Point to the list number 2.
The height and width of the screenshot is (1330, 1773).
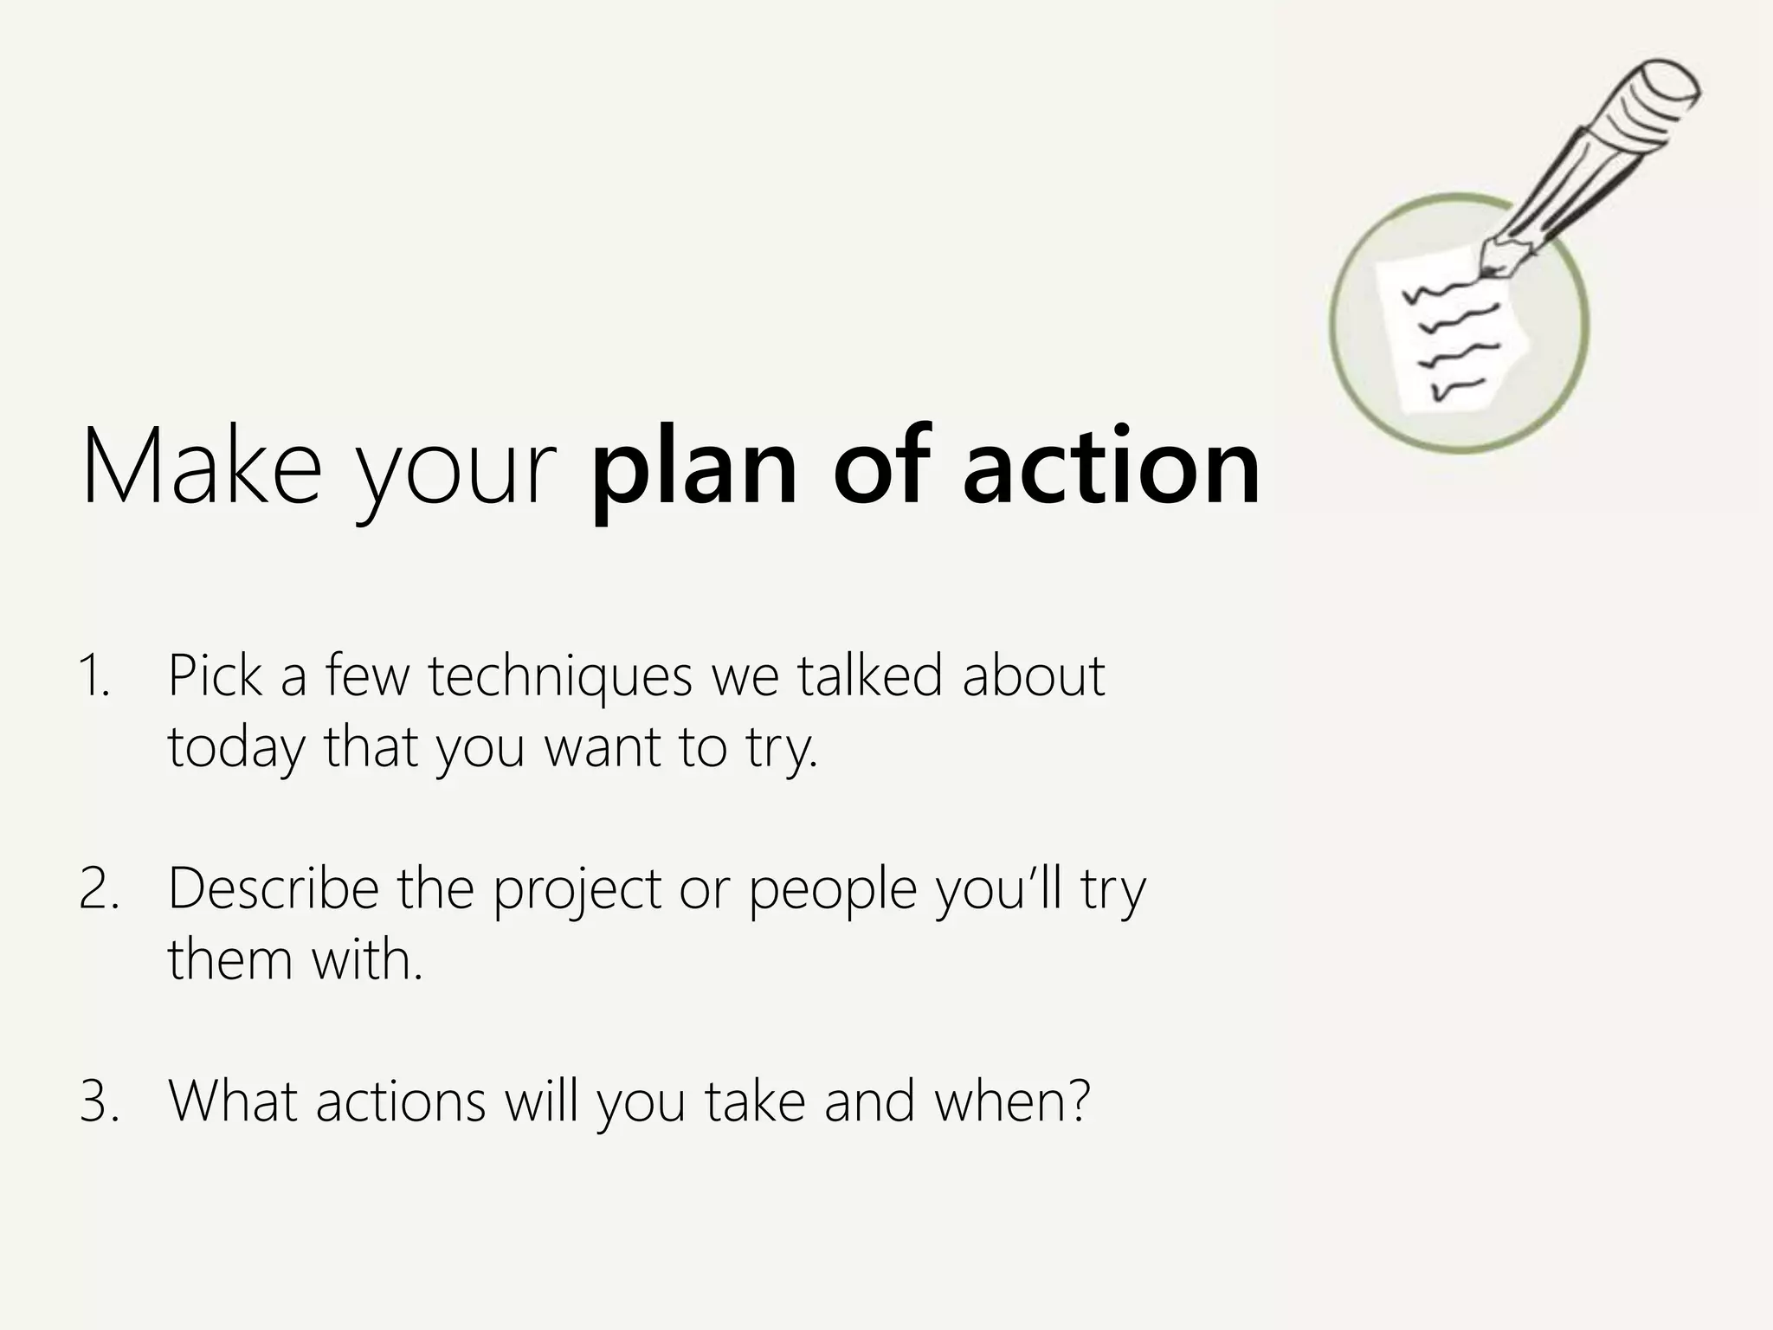[98, 889]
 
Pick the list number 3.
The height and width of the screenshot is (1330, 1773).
[98, 1101]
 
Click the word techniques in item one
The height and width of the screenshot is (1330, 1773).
[560, 676]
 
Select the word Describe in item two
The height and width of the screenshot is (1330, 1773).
[274, 889]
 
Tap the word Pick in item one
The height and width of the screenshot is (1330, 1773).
[215, 675]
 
